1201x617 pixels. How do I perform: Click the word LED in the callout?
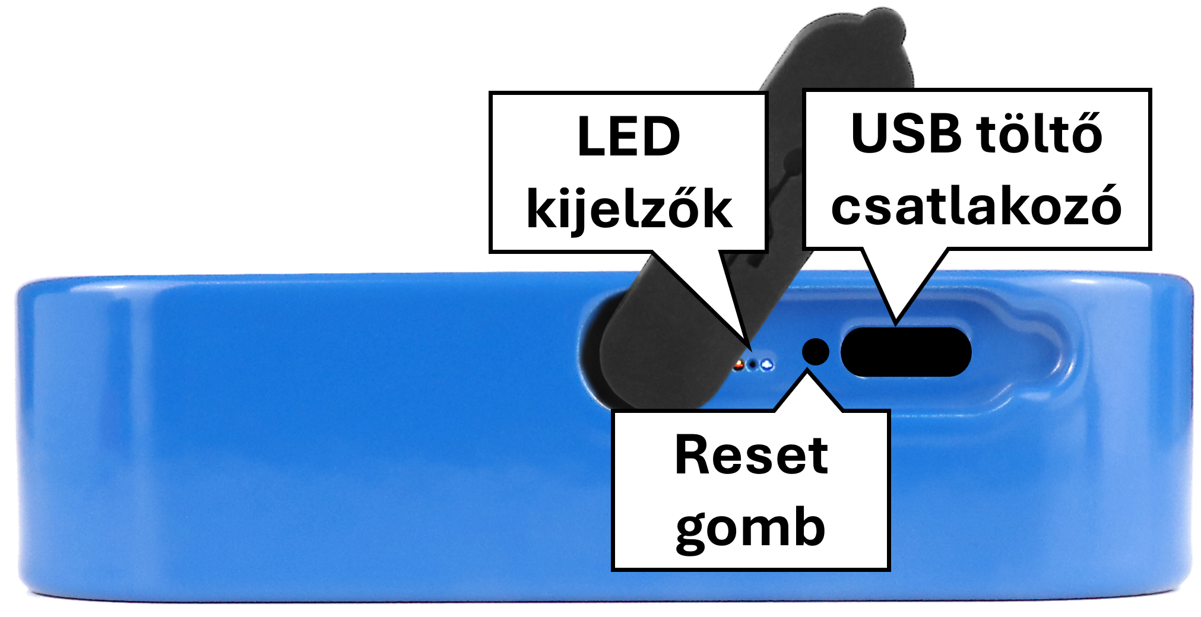(629, 137)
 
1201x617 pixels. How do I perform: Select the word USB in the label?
(906, 133)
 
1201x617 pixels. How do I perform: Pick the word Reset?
(752, 455)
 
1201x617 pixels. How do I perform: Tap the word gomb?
(751, 526)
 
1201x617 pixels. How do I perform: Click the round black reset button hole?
(816, 351)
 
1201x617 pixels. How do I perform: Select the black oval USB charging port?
(906, 352)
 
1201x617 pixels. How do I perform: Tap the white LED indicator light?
(768, 364)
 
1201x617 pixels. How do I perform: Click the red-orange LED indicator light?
(739, 365)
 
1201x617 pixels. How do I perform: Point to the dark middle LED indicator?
(753, 365)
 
